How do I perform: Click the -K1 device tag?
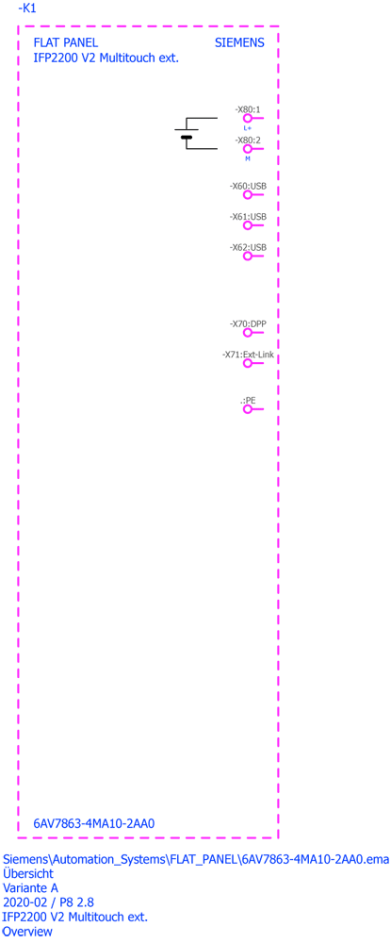coord(27,9)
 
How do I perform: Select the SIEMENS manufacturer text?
coord(239,43)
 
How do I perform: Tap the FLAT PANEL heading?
coord(65,43)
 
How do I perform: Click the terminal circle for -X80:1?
coord(247,119)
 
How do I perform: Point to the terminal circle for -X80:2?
coord(247,149)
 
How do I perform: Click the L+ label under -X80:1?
coord(247,128)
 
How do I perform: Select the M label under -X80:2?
coord(247,158)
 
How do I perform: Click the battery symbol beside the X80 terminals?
coord(187,134)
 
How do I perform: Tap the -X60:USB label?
coord(248,187)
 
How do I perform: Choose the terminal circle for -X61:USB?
coord(247,225)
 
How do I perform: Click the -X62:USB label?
coord(248,247)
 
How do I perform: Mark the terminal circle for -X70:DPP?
coord(247,333)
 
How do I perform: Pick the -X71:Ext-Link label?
coord(248,355)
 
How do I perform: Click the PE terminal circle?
coord(247,409)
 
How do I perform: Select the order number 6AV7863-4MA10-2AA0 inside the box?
coord(94,824)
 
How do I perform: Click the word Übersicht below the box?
coord(28,873)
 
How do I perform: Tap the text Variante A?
coord(31,887)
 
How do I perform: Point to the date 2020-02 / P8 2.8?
coord(49,902)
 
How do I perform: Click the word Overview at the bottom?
coord(27,932)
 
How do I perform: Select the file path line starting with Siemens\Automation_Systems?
coord(196,859)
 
